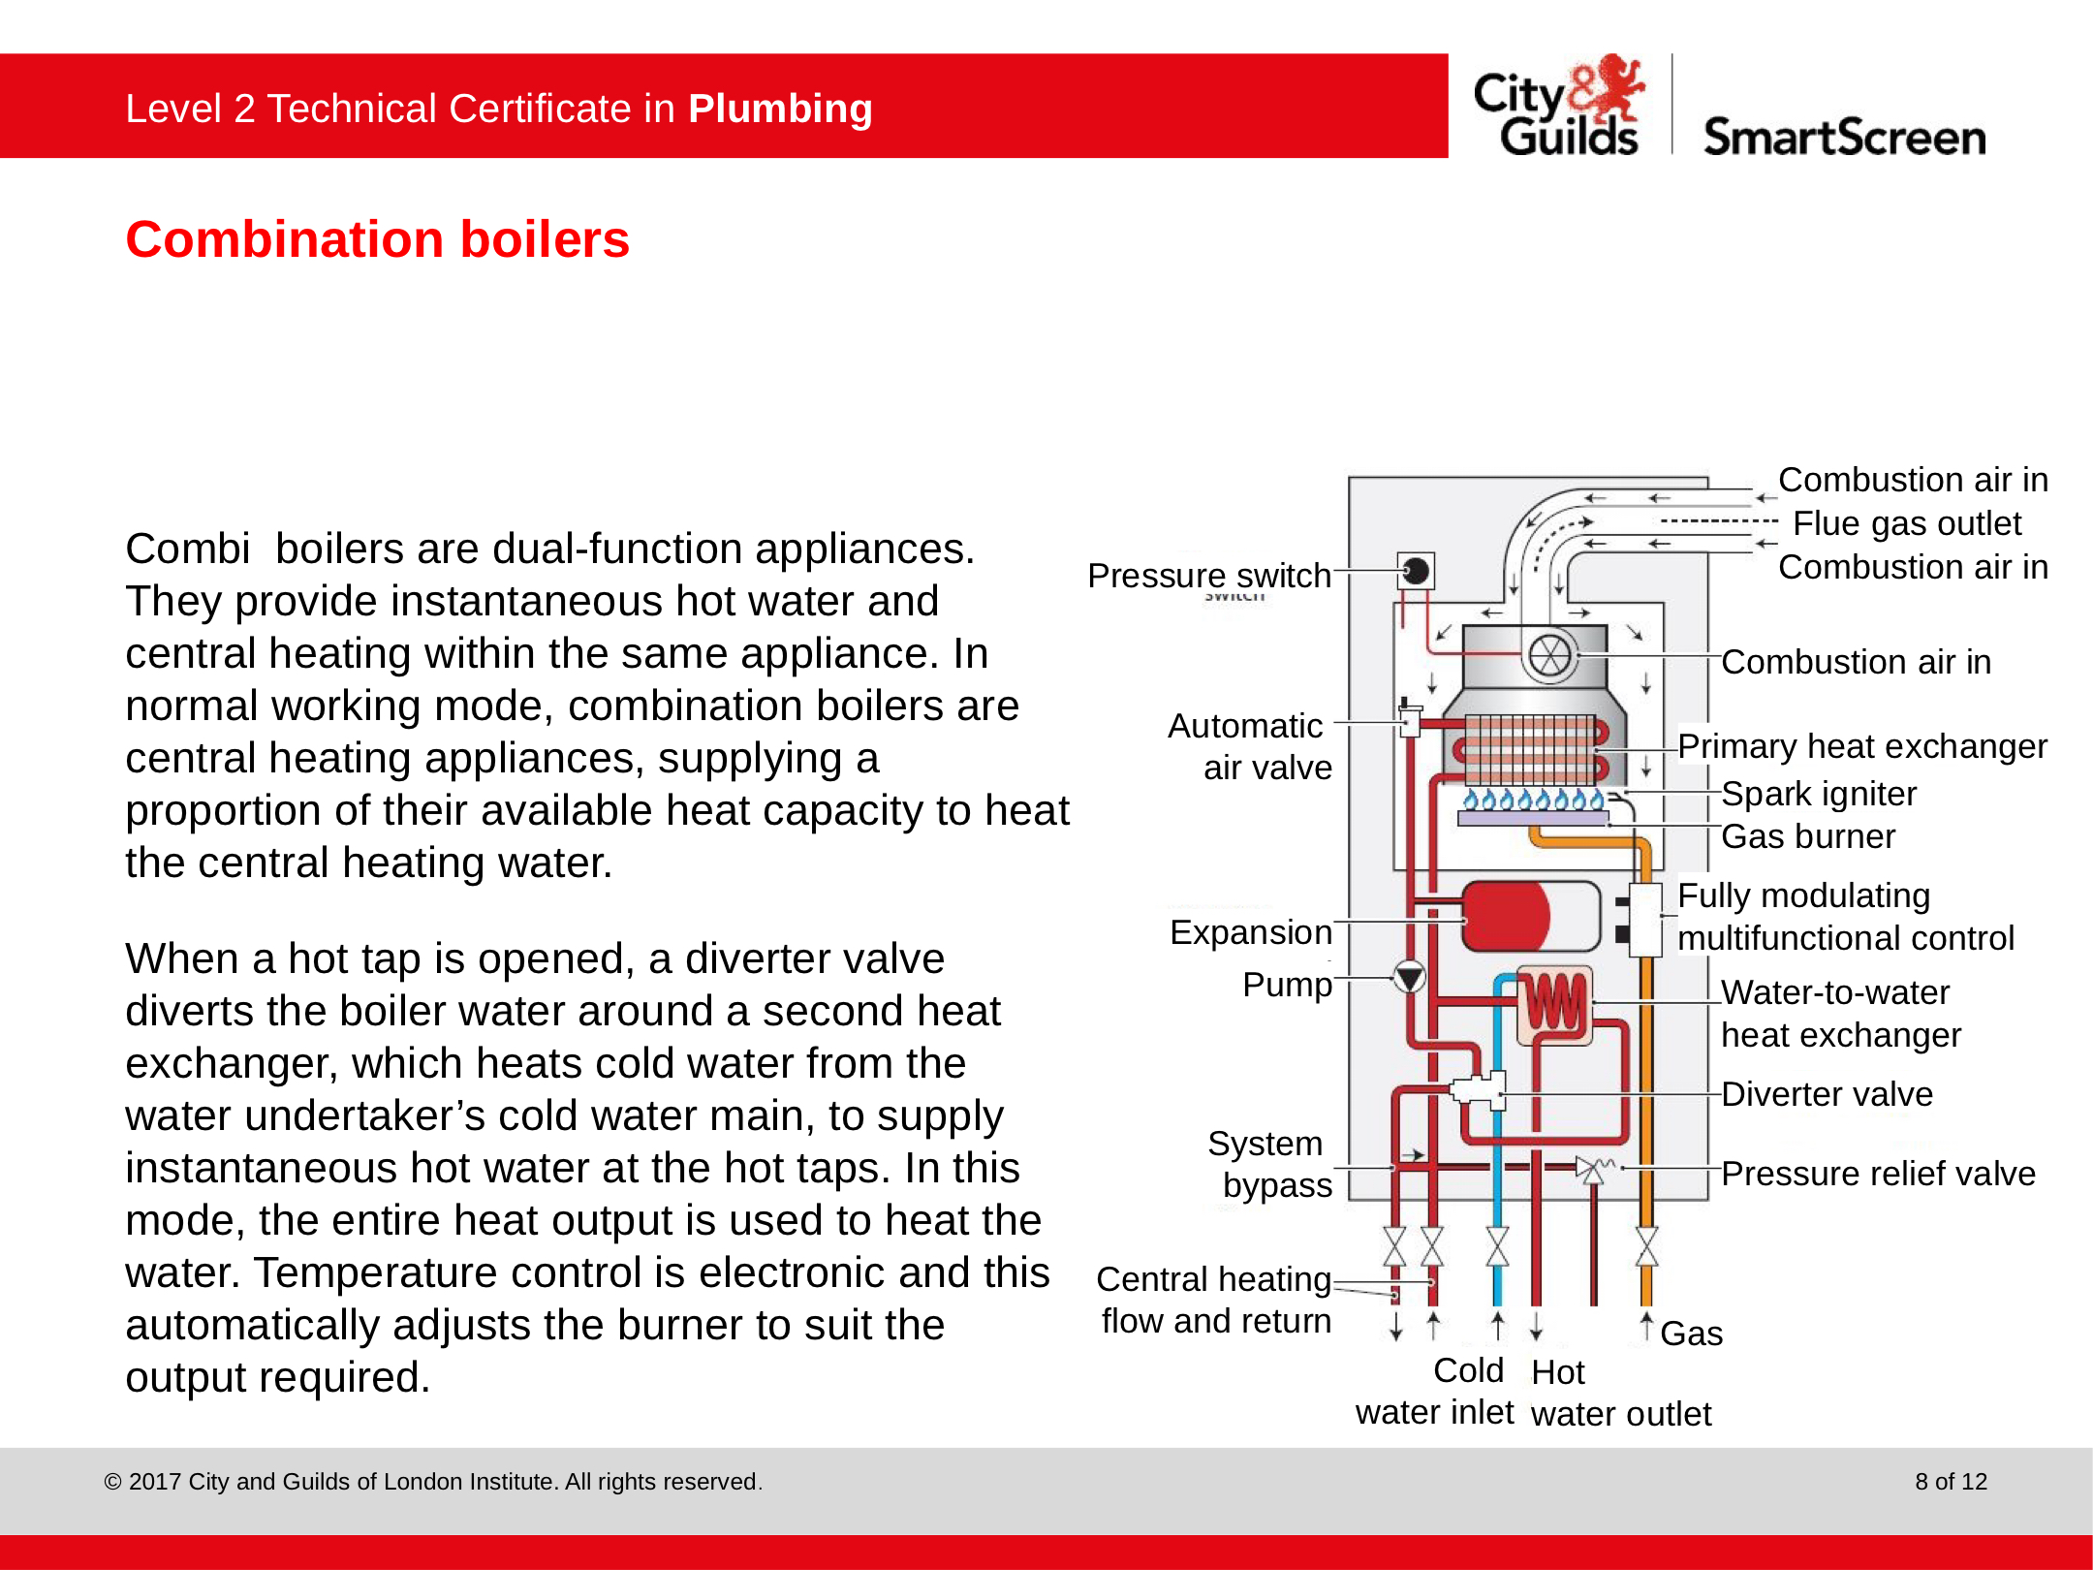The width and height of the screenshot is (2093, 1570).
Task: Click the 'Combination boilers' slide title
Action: (377, 239)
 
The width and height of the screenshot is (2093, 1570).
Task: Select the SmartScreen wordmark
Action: (1844, 138)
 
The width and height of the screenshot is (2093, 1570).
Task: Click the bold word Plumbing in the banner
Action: (780, 109)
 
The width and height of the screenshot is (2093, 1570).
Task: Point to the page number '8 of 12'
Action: (1951, 1482)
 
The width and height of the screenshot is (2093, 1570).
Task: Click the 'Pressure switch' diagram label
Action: (1208, 576)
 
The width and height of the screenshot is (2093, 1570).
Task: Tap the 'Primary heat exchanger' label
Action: (1861, 746)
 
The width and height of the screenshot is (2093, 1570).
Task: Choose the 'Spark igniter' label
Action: (1818, 794)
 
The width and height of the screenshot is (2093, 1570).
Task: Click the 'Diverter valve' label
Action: (1827, 1094)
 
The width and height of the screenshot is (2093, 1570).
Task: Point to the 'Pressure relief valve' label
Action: (1878, 1174)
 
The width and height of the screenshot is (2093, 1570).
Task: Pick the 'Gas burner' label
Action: (1807, 836)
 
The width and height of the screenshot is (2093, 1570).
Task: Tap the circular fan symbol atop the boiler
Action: (1549, 656)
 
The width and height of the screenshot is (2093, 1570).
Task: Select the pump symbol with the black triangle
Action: (1409, 977)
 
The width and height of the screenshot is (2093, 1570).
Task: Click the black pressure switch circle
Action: (1416, 571)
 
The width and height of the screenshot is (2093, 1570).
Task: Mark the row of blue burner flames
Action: (1533, 801)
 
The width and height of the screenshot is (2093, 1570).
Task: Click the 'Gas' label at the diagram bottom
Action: (1691, 1334)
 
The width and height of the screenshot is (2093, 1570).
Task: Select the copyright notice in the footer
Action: (433, 1482)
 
